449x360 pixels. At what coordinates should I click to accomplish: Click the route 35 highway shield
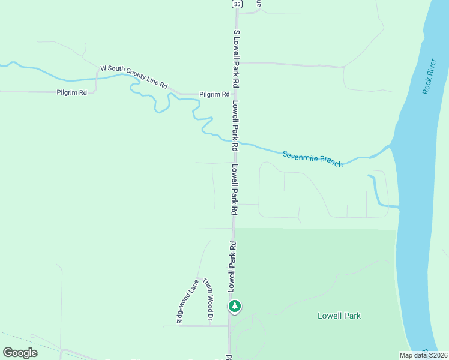tap(238, 4)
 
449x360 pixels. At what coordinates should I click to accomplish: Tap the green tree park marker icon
tap(235, 306)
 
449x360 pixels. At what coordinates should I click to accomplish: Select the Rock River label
tap(428, 76)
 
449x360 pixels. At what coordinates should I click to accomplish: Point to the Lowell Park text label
tap(339, 315)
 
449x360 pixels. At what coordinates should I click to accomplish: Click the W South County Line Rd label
tap(133, 76)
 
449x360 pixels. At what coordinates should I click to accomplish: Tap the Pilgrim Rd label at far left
tap(72, 92)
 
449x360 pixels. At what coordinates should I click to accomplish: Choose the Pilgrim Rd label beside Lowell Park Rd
tap(215, 94)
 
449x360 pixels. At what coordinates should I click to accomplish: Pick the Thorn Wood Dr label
tap(208, 299)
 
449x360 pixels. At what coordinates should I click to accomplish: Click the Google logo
tap(20, 353)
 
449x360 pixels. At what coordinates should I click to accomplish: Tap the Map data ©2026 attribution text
tap(423, 355)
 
